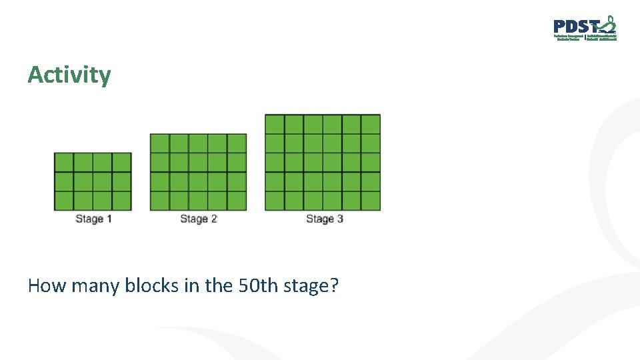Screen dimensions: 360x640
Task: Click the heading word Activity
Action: click(69, 75)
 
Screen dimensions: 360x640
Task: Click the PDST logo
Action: click(585, 29)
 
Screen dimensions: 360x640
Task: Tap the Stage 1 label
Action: click(93, 219)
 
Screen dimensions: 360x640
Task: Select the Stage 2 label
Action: click(199, 219)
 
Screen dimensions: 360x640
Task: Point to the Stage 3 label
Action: click(325, 219)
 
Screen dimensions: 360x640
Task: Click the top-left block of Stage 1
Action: click(64, 163)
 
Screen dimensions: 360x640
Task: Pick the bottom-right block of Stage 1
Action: click(122, 201)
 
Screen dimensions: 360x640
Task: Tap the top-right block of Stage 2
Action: click(237, 143)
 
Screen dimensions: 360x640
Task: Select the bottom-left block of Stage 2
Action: click(160, 201)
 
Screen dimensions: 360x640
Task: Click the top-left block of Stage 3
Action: click(275, 124)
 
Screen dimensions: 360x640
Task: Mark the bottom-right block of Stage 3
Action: click(371, 201)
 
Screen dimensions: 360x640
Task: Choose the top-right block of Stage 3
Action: click(371, 124)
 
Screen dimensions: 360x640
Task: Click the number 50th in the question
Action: click(251, 286)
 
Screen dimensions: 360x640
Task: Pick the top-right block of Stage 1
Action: click(122, 163)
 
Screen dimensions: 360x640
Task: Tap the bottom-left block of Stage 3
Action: click(275, 201)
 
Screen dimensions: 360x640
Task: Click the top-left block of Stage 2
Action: click(160, 143)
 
